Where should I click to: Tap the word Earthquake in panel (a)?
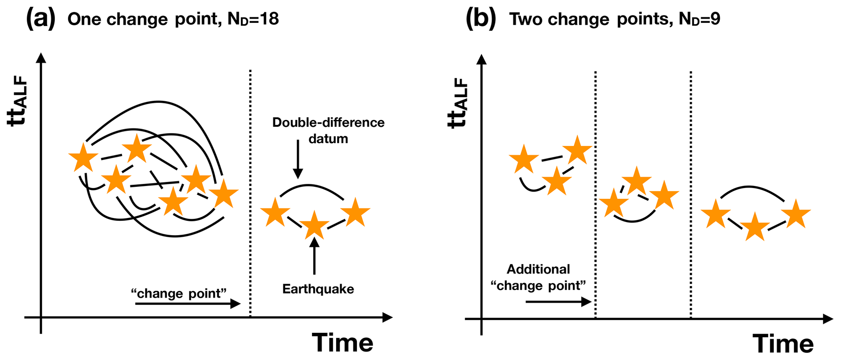pos(318,289)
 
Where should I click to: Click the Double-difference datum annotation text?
pos(328,130)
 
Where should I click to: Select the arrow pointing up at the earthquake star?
pos(314,256)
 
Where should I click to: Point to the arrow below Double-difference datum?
pos(298,159)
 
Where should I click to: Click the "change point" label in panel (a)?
pos(179,293)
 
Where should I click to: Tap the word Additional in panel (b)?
pos(538,269)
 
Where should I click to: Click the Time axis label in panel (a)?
pos(343,343)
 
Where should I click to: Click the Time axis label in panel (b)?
pos(783,344)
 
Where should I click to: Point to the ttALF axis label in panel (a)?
pos(19,104)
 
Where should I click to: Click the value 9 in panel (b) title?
pos(715,19)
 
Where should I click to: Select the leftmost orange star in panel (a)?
pos(83,157)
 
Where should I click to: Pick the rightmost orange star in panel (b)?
pos(796,214)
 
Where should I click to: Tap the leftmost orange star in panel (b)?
pos(524,159)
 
